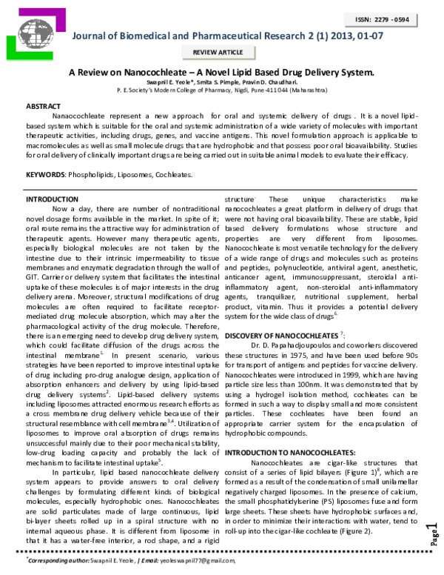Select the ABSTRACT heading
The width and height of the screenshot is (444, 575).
44,107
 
